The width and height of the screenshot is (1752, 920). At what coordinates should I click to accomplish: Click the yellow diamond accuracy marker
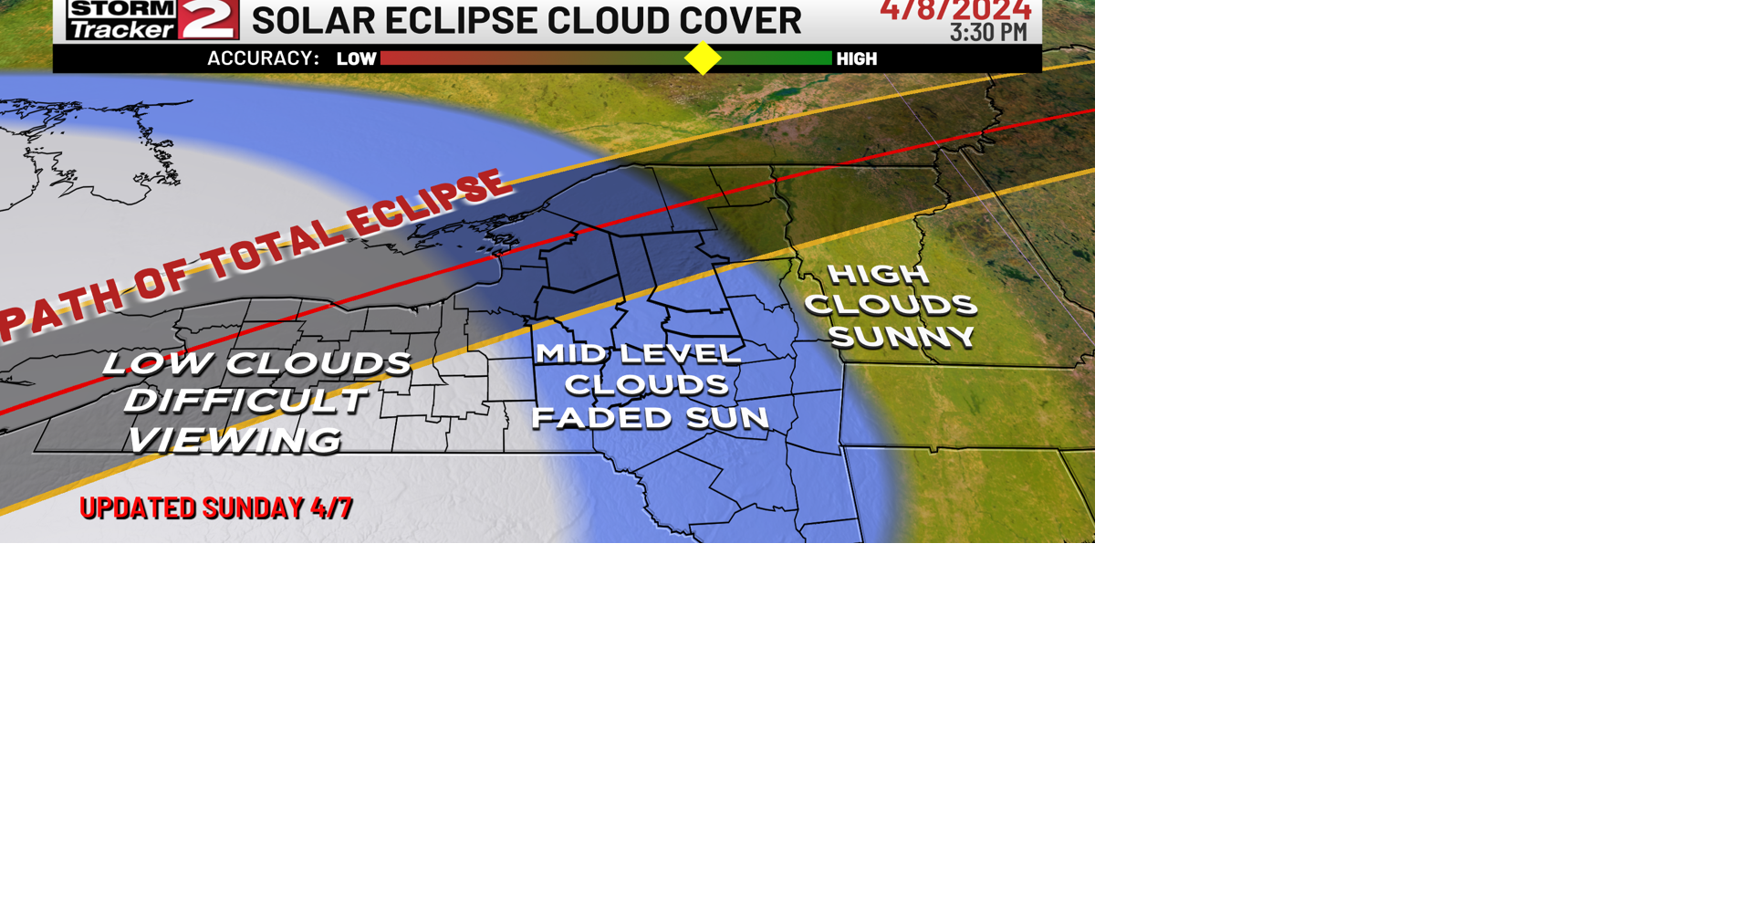pyautogui.click(x=703, y=58)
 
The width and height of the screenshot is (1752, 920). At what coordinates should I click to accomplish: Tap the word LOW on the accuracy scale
pyautogui.click(x=356, y=59)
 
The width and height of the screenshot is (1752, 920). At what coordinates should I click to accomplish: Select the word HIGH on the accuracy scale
pyautogui.click(x=856, y=59)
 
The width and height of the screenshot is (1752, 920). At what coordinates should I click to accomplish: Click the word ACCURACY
pyautogui.click(x=263, y=58)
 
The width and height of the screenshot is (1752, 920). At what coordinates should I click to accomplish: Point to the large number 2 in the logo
pyautogui.click(x=209, y=18)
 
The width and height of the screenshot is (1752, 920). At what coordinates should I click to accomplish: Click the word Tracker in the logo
pyautogui.click(x=120, y=30)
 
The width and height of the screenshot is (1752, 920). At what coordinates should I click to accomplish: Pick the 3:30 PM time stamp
pyautogui.click(x=988, y=33)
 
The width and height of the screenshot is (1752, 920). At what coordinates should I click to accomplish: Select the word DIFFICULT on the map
pyautogui.click(x=246, y=401)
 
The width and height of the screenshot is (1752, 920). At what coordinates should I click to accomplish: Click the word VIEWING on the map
pyautogui.click(x=235, y=440)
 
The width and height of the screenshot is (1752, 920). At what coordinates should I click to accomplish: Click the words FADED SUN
pyautogui.click(x=650, y=418)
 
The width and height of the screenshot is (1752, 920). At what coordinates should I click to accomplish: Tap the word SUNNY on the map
pyautogui.click(x=902, y=337)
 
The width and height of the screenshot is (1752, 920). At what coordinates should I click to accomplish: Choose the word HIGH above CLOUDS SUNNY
pyautogui.click(x=878, y=274)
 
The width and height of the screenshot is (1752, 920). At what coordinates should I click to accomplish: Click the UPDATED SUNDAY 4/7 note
pyautogui.click(x=216, y=507)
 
